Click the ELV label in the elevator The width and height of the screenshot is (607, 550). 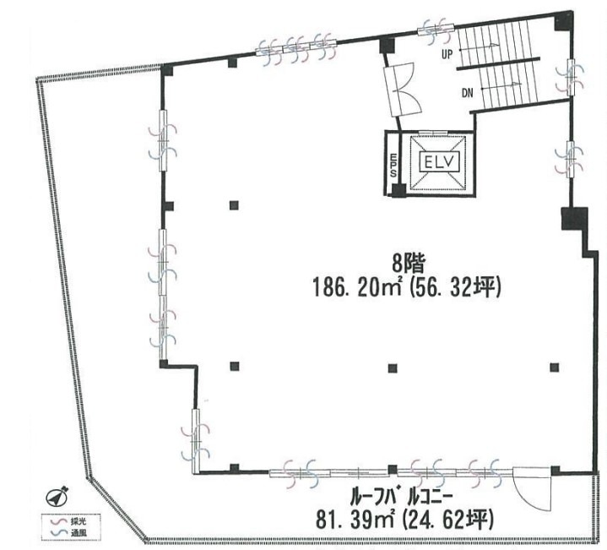point(439,163)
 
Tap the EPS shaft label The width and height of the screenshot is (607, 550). point(393,166)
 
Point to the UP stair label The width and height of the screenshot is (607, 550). point(447,55)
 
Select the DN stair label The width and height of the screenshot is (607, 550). point(468,93)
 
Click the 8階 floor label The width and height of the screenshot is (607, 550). point(409,265)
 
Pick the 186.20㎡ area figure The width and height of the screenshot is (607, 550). point(356,289)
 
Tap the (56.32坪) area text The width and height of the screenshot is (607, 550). point(453,289)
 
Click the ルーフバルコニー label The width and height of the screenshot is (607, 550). point(402,498)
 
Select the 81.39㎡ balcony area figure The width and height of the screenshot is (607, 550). point(355,520)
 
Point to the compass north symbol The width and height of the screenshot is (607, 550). point(57,497)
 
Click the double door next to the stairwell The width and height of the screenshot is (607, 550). point(403,90)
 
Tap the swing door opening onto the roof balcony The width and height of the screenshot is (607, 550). point(532,489)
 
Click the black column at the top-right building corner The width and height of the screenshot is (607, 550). point(563,21)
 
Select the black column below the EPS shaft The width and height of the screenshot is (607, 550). point(398,191)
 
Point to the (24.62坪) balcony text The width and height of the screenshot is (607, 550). point(448,520)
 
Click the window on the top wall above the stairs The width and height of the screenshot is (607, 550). point(436,29)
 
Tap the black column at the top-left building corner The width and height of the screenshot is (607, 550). point(167,70)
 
